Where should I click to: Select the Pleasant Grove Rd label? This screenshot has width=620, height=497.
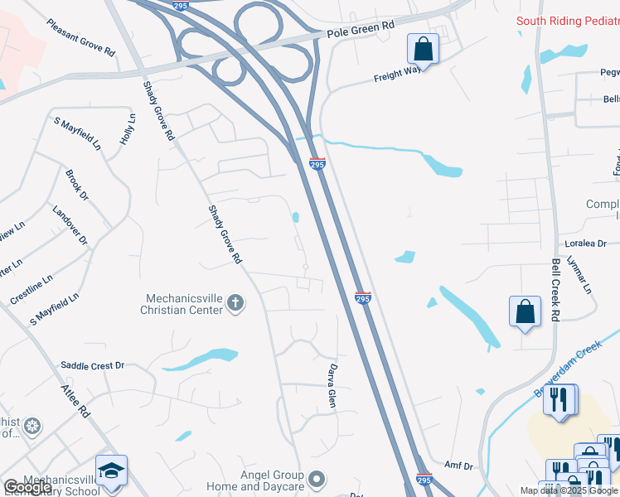click(x=81, y=38)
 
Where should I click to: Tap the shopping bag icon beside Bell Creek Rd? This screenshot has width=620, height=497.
click(x=525, y=312)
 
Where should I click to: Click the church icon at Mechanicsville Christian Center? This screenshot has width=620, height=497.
click(x=235, y=303)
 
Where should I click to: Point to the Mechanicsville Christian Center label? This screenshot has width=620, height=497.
click(x=184, y=304)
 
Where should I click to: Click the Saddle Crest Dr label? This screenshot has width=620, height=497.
click(x=92, y=365)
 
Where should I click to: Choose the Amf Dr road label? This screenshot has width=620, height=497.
click(x=458, y=466)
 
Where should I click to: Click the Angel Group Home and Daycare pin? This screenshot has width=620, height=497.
click(x=316, y=478)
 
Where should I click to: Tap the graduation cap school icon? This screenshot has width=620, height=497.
click(x=112, y=470)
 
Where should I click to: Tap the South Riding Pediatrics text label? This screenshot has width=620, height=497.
click(x=568, y=21)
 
